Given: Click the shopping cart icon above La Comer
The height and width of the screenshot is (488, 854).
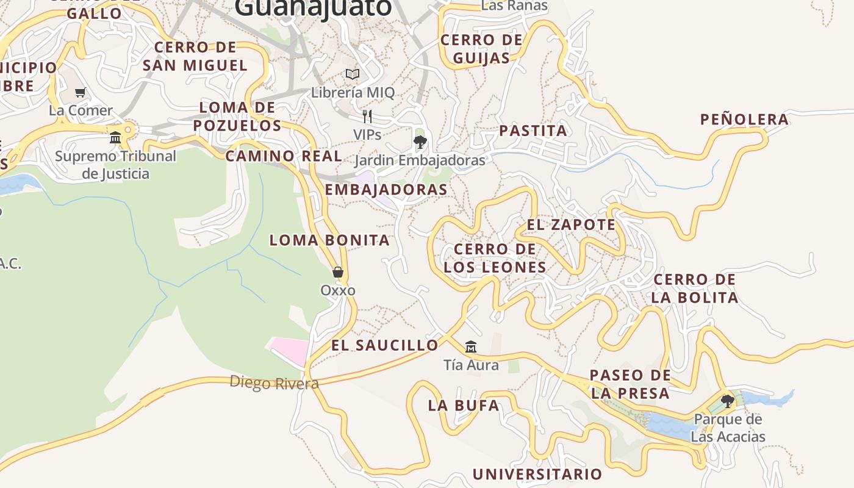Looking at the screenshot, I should [x=80, y=93].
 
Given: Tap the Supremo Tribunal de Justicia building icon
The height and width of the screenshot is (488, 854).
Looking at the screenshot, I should [x=115, y=137].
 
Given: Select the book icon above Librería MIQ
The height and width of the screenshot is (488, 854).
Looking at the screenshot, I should [x=353, y=74].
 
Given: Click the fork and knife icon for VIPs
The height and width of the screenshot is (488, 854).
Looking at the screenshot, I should [x=367, y=117].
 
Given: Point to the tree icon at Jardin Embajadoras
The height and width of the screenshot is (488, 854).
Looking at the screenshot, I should [x=420, y=143].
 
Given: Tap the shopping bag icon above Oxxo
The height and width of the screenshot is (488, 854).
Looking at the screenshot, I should [x=338, y=272].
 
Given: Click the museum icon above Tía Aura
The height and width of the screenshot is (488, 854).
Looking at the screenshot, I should [x=470, y=347].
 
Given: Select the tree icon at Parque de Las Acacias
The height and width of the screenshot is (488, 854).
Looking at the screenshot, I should [x=727, y=401].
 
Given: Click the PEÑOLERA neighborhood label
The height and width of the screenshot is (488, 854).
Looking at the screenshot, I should [x=744, y=120].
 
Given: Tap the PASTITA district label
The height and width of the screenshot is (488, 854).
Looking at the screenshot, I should [x=533, y=131].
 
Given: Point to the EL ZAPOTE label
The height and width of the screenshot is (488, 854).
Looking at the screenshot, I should [x=571, y=224].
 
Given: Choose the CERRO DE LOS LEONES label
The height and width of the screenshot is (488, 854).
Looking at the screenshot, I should [x=495, y=258].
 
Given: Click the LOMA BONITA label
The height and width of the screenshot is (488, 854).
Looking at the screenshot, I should [x=329, y=240].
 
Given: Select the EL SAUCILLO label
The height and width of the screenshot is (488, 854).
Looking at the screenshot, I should [x=384, y=345].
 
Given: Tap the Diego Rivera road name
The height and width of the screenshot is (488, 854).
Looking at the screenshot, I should [x=274, y=383].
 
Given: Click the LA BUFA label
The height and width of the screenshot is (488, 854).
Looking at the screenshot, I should [x=463, y=406].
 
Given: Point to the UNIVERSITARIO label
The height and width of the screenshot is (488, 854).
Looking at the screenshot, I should [x=537, y=474].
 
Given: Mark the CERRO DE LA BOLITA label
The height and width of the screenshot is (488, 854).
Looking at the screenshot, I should [x=694, y=289].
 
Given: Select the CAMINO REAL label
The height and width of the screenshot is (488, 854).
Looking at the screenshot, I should [x=284, y=156].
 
